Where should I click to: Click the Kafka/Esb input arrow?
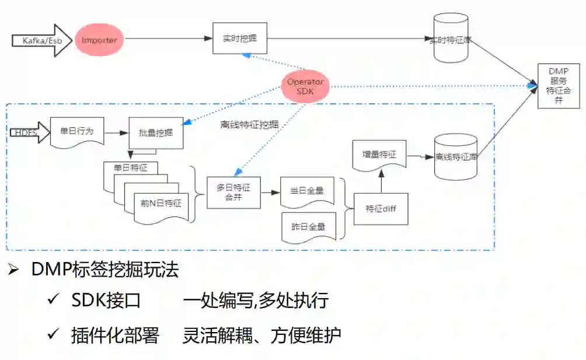point(40,40)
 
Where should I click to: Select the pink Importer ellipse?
point(99,40)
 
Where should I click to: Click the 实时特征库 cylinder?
point(451,39)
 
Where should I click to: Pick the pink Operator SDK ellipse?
point(305,86)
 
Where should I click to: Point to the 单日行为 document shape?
point(76,132)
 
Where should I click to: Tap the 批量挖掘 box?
point(155,134)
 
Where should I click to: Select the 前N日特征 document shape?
point(161,205)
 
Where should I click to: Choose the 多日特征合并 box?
point(233,193)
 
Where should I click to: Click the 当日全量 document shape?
point(307,191)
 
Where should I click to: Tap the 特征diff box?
point(381,208)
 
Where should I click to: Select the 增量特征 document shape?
point(379,155)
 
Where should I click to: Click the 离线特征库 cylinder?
point(456,157)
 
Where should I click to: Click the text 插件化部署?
point(114,335)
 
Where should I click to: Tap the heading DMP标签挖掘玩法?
point(105,270)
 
